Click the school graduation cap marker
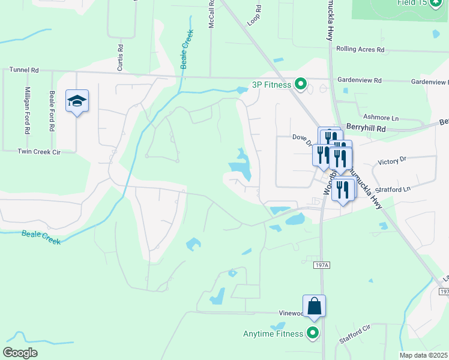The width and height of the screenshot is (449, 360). (77, 101)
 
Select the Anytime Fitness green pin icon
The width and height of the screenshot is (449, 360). (313, 333)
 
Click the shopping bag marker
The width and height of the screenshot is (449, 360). (314, 307)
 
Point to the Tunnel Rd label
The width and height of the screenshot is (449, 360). (24, 70)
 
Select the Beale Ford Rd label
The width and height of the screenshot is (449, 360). (52, 111)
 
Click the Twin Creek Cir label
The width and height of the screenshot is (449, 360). (40, 152)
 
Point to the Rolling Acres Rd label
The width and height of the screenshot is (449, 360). (360, 50)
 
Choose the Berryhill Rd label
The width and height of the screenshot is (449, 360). (366, 127)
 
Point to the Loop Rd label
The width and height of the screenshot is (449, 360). (255, 16)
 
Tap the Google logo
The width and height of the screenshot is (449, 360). (20, 353)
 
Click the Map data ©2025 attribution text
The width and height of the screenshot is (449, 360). (423, 355)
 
